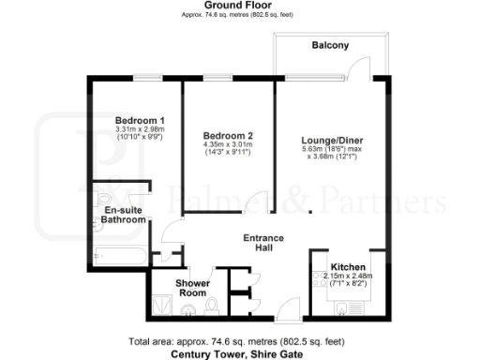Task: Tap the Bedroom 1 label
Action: (x=140, y=121)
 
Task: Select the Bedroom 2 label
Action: (x=229, y=136)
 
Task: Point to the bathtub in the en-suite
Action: (x=118, y=255)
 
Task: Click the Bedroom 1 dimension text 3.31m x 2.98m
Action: (x=140, y=130)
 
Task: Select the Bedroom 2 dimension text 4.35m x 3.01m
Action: (x=229, y=145)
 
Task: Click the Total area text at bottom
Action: (x=239, y=342)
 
